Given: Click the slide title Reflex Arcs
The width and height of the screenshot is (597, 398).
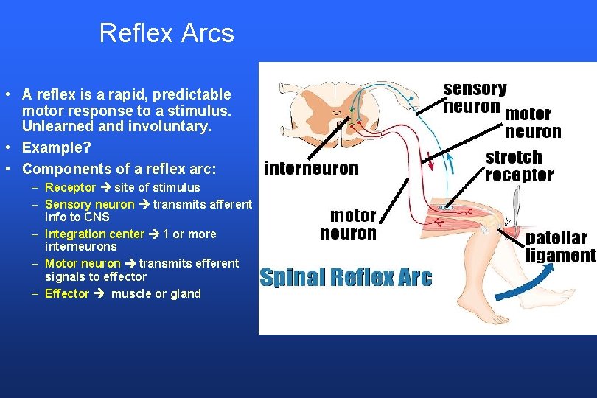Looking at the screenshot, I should pos(166,33).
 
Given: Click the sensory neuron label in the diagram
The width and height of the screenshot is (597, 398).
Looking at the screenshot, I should pos(475,98).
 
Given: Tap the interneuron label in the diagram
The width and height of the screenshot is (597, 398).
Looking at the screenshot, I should pos(311,169).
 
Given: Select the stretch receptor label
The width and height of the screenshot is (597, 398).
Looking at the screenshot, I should pos(520,166).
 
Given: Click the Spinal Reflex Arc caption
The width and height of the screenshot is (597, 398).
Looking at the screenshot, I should pos(346,278).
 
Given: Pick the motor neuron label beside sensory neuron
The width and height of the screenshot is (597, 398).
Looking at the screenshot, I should pos(532,123).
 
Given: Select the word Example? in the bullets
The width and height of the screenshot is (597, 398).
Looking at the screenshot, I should pos(57,147).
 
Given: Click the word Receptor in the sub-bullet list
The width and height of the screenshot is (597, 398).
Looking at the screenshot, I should pos(71,187).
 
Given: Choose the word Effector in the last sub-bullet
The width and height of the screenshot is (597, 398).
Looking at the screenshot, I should pos(67,293).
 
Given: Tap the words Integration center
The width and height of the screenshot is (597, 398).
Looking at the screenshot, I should pos(95,234).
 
